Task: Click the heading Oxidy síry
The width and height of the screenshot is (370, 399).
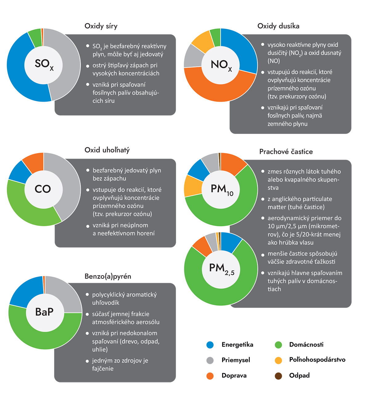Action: point(101,26)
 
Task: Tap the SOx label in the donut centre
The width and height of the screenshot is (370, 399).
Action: point(44,64)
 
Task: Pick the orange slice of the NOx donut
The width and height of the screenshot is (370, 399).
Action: point(216,89)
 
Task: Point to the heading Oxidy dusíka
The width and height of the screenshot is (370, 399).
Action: point(278,26)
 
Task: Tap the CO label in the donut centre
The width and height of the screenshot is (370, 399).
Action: point(43,189)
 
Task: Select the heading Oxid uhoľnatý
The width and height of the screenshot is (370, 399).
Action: point(107,150)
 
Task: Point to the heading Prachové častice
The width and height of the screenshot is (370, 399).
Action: point(286,152)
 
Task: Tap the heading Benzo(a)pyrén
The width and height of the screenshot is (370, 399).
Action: point(108,276)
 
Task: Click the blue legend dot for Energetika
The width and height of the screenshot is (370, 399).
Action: point(210,345)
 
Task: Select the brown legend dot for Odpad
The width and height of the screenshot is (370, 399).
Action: point(278,376)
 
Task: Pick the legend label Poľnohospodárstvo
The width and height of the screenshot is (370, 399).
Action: point(317,360)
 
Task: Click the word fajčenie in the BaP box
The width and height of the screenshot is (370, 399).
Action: point(103,368)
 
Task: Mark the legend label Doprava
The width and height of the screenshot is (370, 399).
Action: point(234,376)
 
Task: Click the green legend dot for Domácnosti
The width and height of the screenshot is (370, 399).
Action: point(278,345)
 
